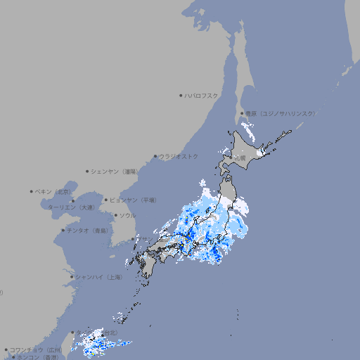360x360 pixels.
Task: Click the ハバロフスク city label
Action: pyautogui.click(x=202, y=95)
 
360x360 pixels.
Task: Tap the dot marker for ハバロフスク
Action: pyautogui.click(x=181, y=95)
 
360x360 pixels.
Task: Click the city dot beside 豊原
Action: pyautogui.click(x=242, y=113)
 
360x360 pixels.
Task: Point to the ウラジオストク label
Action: pyautogui.click(x=179, y=156)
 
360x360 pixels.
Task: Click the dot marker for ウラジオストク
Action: pyautogui.click(x=155, y=156)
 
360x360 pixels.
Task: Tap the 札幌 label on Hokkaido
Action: pyautogui.click(x=240, y=158)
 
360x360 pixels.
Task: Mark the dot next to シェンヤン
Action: pyautogui.click(x=87, y=171)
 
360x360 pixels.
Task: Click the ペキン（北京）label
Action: pyautogui.click(x=54, y=191)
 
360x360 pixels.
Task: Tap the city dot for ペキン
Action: pyautogui.click(x=32, y=191)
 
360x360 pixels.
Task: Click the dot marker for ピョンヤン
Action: pyautogui.click(x=106, y=200)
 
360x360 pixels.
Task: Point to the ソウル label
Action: pyautogui.click(x=127, y=215)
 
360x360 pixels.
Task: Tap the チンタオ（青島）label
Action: pyautogui.click(x=88, y=230)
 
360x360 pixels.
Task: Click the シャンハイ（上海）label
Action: pyautogui.click(x=98, y=277)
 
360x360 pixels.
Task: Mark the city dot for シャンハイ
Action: pyautogui.click(x=72, y=277)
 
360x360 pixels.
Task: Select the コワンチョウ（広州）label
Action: pyautogui.click(x=36, y=349)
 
